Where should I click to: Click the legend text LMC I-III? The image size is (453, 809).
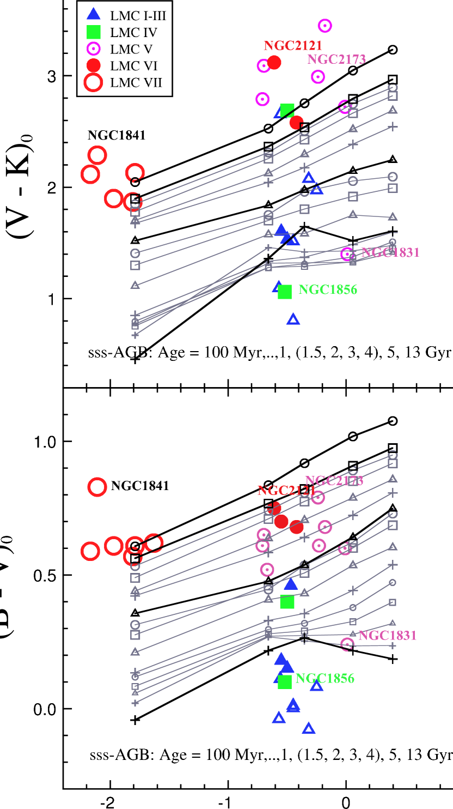coord(138,16)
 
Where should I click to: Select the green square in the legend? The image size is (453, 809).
coord(94,32)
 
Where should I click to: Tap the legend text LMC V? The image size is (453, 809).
coord(131,49)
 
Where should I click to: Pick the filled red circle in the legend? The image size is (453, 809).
coord(94,65)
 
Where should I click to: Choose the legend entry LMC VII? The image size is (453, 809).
coord(136,83)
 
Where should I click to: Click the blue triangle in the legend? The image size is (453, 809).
coord(94,14)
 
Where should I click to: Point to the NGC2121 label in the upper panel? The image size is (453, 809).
coord(293,46)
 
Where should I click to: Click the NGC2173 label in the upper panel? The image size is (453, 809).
coord(336,59)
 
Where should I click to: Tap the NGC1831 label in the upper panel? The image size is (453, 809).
coord(390,252)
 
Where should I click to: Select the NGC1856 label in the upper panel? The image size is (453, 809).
coord(327,289)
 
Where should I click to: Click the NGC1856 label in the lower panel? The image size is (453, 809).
coord(325,679)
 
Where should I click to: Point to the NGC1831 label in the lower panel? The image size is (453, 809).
coord(387,635)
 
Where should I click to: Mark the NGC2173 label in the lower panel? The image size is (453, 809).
coord(334,481)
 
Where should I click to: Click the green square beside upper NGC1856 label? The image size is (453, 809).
coord(285,292)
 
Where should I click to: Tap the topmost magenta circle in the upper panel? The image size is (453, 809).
coord(325,26)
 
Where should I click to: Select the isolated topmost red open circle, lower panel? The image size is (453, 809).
coord(97,487)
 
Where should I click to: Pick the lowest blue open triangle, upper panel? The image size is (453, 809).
coord(293,319)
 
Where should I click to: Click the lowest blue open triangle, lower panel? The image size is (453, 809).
coord(309,728)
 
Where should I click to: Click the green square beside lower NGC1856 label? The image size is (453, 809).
coord(285,682)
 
